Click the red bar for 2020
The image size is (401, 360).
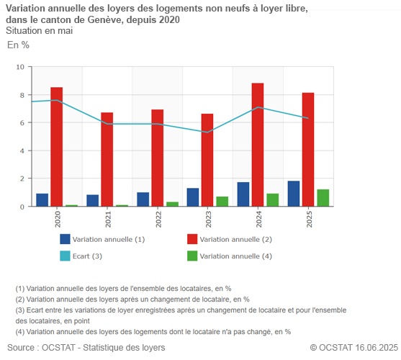pos(56,147)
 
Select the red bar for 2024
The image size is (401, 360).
pos(258,145)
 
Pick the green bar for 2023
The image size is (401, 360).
pos(222,202)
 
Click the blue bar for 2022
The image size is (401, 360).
pos(143,199)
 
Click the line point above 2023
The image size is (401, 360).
pos(208,132)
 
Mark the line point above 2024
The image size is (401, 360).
pos(258,107)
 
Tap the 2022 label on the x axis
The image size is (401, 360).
pos(158,219)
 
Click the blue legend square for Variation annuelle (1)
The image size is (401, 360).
pos(65,239)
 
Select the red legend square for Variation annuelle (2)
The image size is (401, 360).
pos(192,239)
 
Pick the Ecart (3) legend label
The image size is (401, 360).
pos(87,256)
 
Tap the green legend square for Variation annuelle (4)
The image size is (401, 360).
pos(192,256)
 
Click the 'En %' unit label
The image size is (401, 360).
pos(18,45)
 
